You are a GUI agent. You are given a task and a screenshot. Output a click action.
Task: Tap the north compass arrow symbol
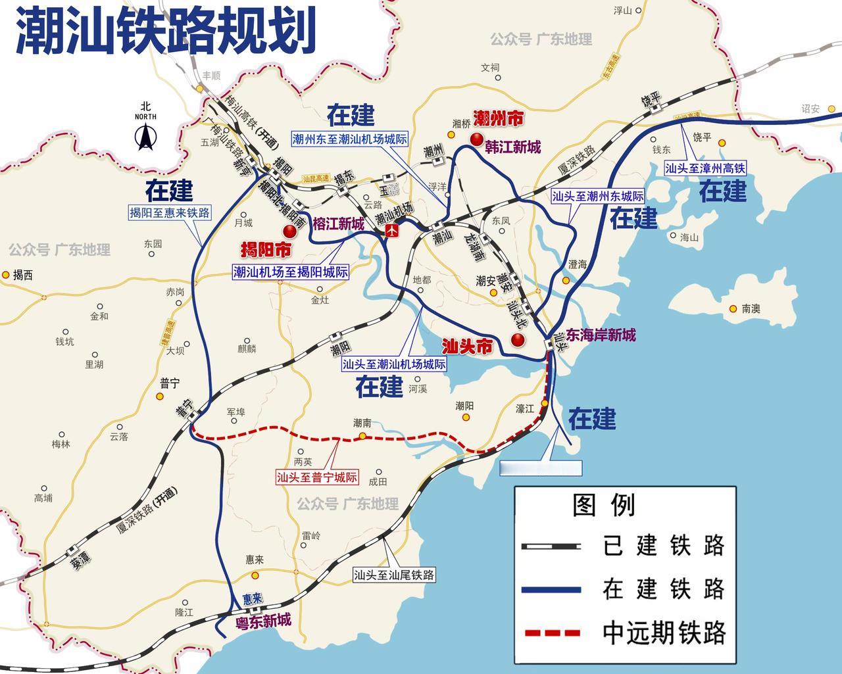coord(145,136)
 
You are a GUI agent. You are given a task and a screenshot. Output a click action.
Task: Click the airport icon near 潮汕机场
coord(393,231)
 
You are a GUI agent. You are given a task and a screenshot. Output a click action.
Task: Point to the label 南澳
coord(751,308)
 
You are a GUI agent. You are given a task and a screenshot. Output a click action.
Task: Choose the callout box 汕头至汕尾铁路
coord(394,575)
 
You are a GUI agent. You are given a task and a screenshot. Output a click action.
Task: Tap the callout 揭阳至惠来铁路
coord(170,212)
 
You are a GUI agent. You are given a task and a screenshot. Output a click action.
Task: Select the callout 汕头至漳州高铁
coord(705,168)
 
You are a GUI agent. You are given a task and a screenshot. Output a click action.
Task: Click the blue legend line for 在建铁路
coord(551,590)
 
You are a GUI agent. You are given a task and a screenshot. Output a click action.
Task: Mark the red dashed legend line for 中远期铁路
coord(551,633)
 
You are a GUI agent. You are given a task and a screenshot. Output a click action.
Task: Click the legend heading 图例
coord(604,506)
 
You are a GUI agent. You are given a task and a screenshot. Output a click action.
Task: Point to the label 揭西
coord(23,275)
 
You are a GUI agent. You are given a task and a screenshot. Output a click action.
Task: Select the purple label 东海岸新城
coord(600,335)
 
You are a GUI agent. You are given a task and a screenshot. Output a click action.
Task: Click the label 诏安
coord(810,108)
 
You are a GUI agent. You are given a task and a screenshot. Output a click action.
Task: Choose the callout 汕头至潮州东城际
coord(597,196)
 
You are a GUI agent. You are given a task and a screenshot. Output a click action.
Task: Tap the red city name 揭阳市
coord(266,250)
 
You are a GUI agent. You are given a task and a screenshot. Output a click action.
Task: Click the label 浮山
coord(622,11)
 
